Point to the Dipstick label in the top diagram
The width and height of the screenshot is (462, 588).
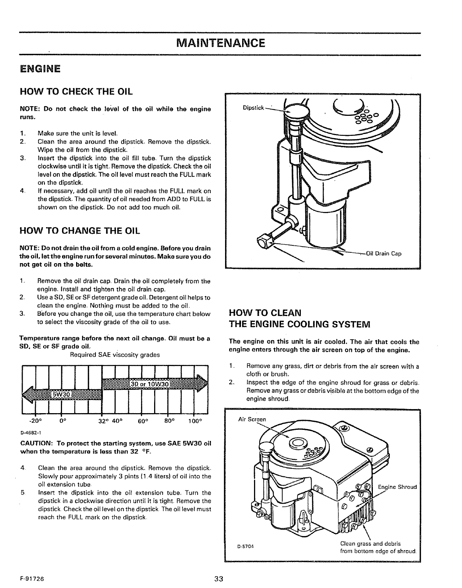pyautogui.click(x=253, y=108)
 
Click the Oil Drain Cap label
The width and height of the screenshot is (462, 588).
pyautogui.click(x=384, y=254)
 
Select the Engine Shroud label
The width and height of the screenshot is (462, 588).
pyautogui.click(x=397, y=487)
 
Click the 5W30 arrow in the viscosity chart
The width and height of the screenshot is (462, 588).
pyautogui.click(x=61, y=395)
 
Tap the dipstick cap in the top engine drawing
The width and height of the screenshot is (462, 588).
pyautogui.click(x=295, y=111)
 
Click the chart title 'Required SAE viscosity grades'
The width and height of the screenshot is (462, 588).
pyautogui.click(x=115, y=355)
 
